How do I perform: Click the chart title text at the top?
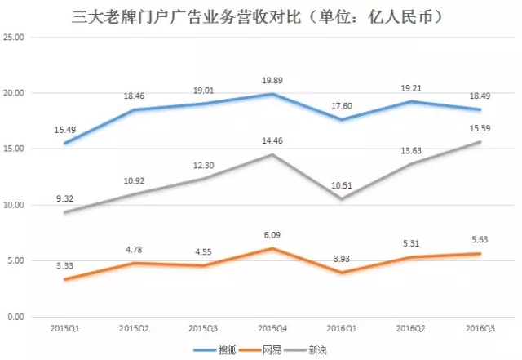(261, 16)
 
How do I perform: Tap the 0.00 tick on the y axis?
(19, 317)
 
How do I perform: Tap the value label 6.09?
(272, 235)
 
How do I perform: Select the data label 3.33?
(64, 265)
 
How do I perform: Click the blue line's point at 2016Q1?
(342, 120)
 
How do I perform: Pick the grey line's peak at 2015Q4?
(272, 155)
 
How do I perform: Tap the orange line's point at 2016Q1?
(342, 273)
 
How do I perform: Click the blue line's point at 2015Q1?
(64, 144)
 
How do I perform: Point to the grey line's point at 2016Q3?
(480, 142)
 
